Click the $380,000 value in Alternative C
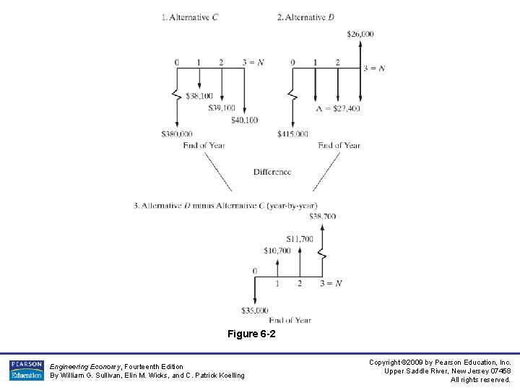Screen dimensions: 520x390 tap(177, 134)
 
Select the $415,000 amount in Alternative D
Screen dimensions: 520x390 tap(292, 134)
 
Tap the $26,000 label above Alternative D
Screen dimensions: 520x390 tap(360, 34)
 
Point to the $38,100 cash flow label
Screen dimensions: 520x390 tap(199, 95)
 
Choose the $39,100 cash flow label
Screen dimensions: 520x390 tap(222, 108)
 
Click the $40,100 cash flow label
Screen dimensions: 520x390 tap(244, 120)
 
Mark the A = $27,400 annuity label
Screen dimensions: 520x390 tap(337, 108)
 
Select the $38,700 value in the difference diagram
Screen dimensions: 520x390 tap(322, 216)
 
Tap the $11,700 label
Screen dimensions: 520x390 tap(300, 239)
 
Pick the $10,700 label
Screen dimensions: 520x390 tap(277, 251)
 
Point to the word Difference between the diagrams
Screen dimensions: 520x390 tap(272, 172)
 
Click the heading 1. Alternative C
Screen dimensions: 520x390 tap(190, 17)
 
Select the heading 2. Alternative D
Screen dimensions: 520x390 tap(305, 17)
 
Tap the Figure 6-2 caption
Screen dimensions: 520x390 tap(251, 334)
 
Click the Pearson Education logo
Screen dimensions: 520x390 tap(26, 370)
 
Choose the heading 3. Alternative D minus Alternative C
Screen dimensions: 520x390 tap(225, 206)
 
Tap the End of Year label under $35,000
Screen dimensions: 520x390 tap(290, 320)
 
